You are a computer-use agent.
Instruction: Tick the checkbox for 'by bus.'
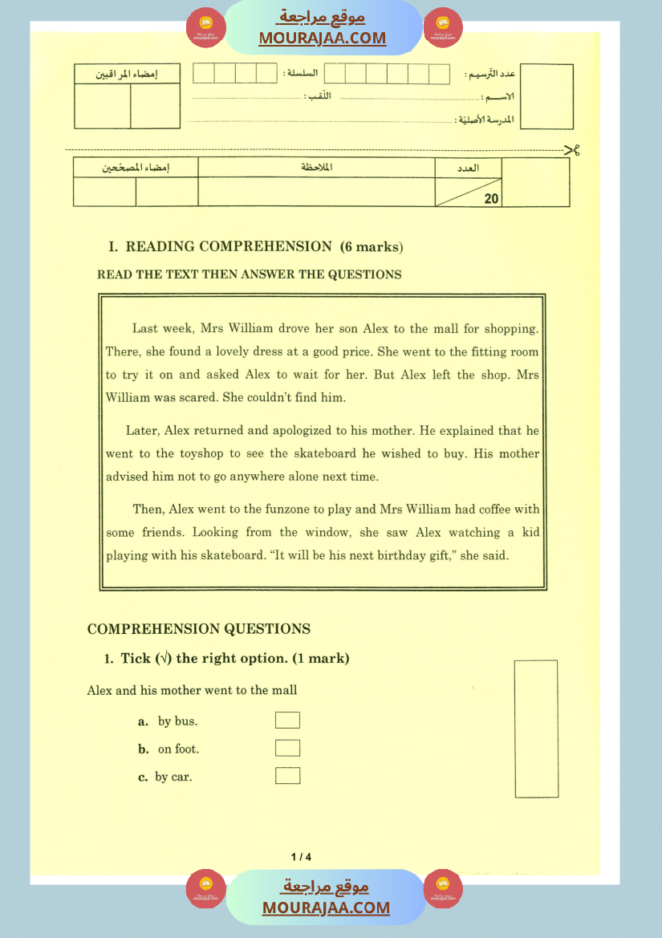[287, 720]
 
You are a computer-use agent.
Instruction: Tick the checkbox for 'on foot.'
[287, 748]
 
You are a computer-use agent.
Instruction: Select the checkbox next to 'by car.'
[287, 775]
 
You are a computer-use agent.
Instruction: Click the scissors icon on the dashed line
[572, 149]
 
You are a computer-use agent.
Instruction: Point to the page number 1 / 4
[301, 857]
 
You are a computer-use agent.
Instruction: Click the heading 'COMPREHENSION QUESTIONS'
[198, 629]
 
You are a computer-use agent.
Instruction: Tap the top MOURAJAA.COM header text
[322, 38]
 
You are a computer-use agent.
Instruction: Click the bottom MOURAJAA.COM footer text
[326, 908]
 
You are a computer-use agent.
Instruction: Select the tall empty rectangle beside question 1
[536, 728]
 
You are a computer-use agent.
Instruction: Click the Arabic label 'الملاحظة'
[316, 167]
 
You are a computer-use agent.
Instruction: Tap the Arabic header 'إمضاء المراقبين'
[127, 74]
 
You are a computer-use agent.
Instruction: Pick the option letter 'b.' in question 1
[144, 749]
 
